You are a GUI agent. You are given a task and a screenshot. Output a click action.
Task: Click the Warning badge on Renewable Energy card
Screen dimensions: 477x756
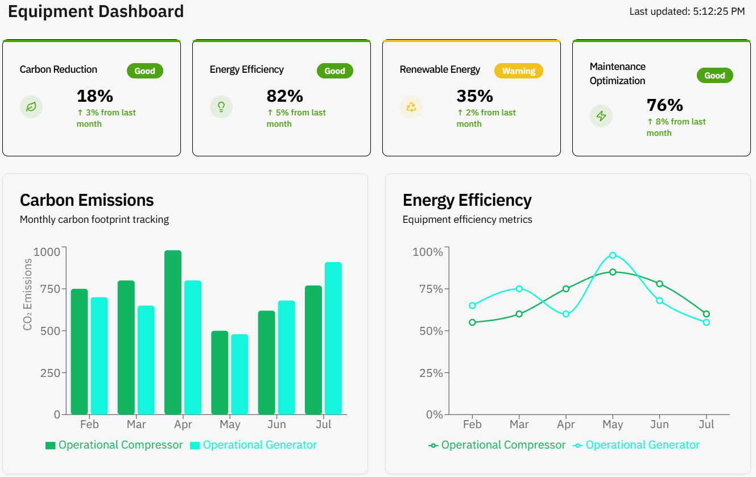point(518,71)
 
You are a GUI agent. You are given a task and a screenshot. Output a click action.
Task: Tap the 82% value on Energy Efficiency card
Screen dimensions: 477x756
point(284,96)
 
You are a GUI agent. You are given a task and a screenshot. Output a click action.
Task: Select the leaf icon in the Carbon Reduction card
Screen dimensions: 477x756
point(31,107)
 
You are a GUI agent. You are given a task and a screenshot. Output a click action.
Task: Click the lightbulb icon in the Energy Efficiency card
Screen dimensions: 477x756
point(221,107)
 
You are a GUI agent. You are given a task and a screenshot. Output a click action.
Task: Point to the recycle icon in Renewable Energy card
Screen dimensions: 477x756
point(411,107)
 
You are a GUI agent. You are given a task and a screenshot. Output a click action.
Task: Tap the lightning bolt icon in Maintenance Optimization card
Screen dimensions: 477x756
point(601,116)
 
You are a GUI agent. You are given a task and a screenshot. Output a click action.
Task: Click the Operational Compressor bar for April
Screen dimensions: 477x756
point(173,333)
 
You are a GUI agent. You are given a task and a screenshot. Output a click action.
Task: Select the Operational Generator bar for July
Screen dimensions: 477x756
point(333,338)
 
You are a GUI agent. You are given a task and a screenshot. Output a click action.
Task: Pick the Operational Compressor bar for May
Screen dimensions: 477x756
point(220,372)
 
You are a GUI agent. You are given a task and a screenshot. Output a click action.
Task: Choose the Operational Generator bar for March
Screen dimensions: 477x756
point(146,360)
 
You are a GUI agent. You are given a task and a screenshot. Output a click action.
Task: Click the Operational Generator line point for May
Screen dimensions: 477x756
point(613,255)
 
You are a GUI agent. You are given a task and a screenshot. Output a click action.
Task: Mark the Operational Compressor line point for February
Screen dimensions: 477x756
point(472,322)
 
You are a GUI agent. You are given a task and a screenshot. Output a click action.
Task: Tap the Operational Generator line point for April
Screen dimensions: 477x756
point(566,314)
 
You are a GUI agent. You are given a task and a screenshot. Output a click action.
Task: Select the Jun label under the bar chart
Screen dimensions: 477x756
point(276,425)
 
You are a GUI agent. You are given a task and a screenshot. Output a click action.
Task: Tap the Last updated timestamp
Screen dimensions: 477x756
point(687,11)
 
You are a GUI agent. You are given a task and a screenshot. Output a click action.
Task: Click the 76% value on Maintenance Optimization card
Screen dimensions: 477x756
point(664,105)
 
